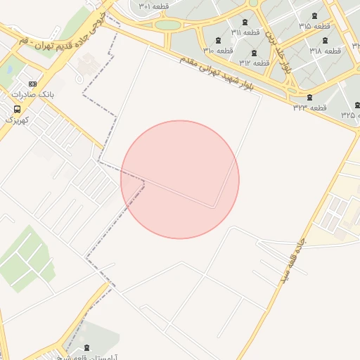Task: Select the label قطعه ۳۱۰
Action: pos(219,50)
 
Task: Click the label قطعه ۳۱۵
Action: pos(314,26)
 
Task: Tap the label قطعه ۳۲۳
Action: pos(310,108)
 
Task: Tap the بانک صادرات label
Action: pos(32,94)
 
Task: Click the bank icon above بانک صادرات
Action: pos(32,84)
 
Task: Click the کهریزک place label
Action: pos(18,120)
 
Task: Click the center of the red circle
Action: pos(180,180)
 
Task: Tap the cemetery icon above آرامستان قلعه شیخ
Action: pos(86,347)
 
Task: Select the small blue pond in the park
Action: pos(11,70)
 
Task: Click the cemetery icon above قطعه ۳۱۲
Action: pos(254,53)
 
